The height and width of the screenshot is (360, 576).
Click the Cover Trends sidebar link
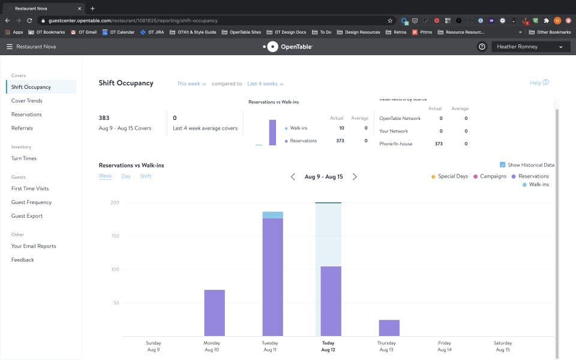pos(26,101)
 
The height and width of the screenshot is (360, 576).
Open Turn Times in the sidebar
pos(24,158)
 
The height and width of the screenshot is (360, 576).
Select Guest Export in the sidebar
pos(27,216)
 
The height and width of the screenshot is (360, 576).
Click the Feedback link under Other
pos(23,260)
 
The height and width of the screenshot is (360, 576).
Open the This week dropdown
pos(191,84)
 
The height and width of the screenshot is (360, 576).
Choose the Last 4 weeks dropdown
pos(265,84)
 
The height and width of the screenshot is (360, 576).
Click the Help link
pos(539,83)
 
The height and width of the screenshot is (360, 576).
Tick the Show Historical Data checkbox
pos(503,165)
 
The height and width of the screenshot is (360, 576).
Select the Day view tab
pos(126,176)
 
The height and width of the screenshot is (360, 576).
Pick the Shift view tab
pos(146,176)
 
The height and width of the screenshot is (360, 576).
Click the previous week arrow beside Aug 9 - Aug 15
pos(293,177)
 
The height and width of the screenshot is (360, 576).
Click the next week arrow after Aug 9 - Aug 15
pos(355,177)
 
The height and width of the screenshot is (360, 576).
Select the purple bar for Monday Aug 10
pos(214,313)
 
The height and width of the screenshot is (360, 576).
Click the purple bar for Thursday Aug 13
pos(389,328)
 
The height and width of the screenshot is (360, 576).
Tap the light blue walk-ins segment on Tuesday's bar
pos(272,215)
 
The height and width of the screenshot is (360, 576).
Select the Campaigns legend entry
pos(493,176)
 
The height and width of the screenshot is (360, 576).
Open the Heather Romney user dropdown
pos(530,47)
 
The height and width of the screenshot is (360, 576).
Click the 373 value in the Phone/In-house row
pos(439,144)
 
